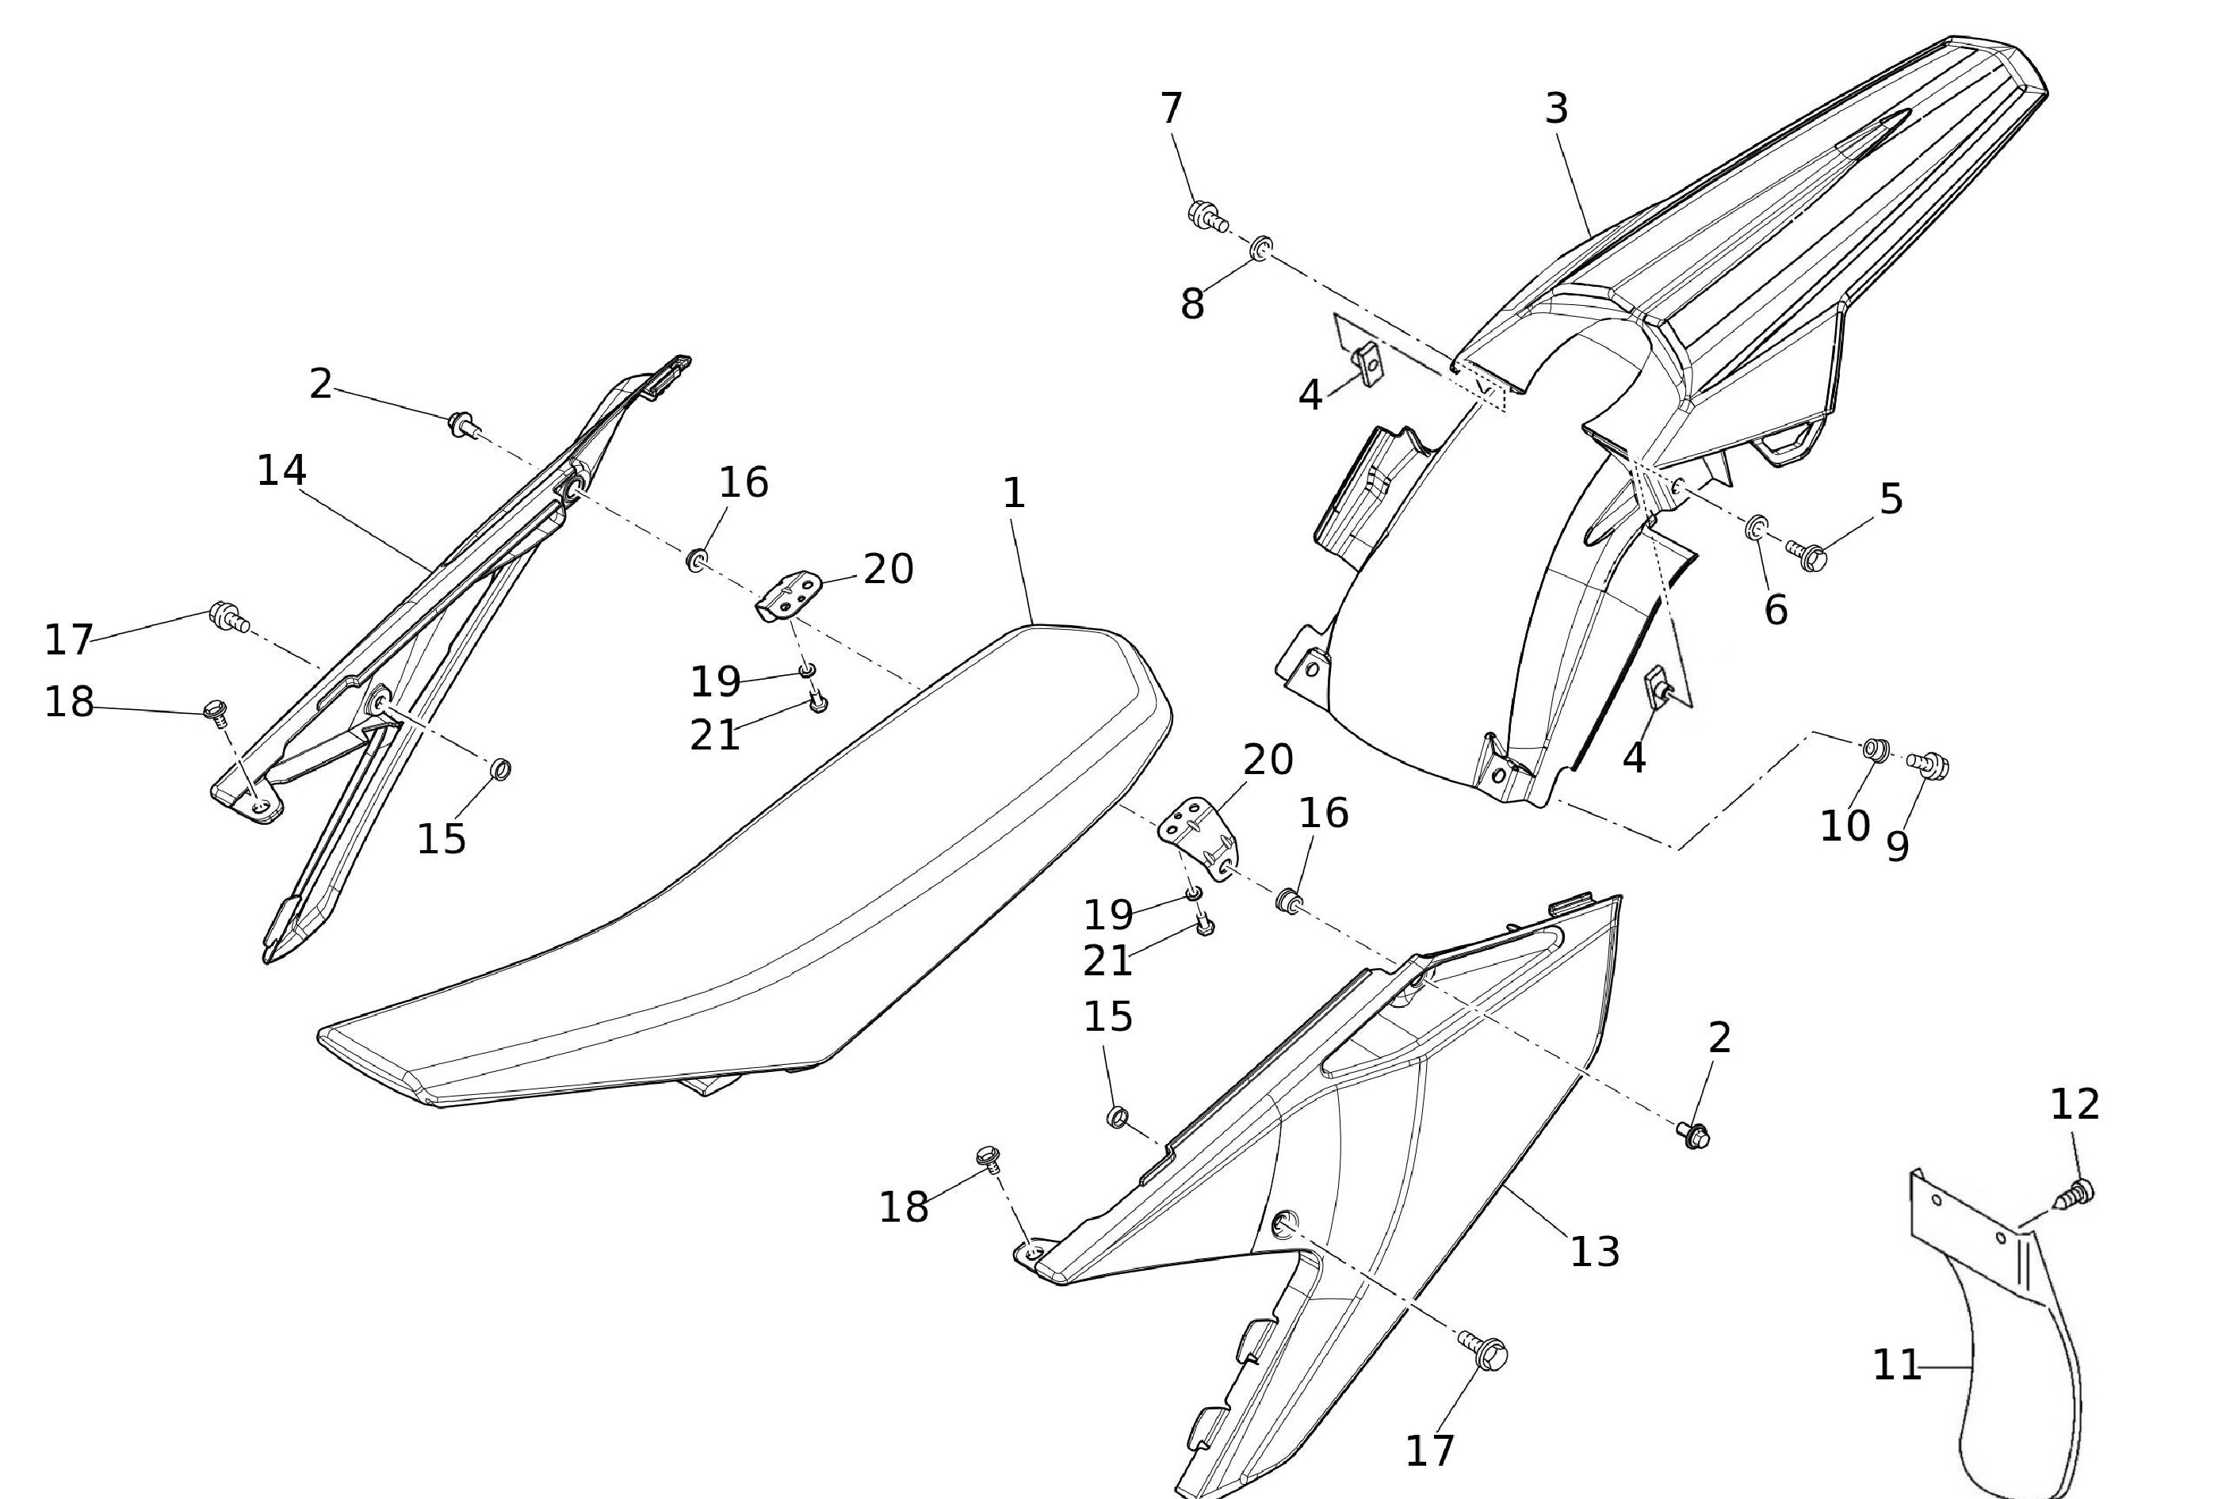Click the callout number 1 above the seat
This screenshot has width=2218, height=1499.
(x=1014, y=494)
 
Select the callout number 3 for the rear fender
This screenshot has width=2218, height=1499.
(x=1557, y=109)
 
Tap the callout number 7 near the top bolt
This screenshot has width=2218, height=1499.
(x=1171, y=108)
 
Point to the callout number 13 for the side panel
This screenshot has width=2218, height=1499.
(x=1595, y=1251)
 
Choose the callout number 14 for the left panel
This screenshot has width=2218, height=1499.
(x=281, y=471)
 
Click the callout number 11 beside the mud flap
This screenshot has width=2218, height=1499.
(x=1896, y=1365)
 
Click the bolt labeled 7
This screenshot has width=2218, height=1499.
(x=1207, y=216)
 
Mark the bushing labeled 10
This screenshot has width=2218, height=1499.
(x=1875, y=749)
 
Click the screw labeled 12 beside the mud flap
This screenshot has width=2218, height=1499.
(x=2078, y=1192)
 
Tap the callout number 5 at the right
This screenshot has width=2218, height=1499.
(x=1891, y=499)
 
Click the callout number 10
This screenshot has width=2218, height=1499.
(x=1845, y=826)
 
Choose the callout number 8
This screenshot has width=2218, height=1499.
(x=1192, y=304)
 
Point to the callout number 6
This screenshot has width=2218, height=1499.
(x=1775, y=610)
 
